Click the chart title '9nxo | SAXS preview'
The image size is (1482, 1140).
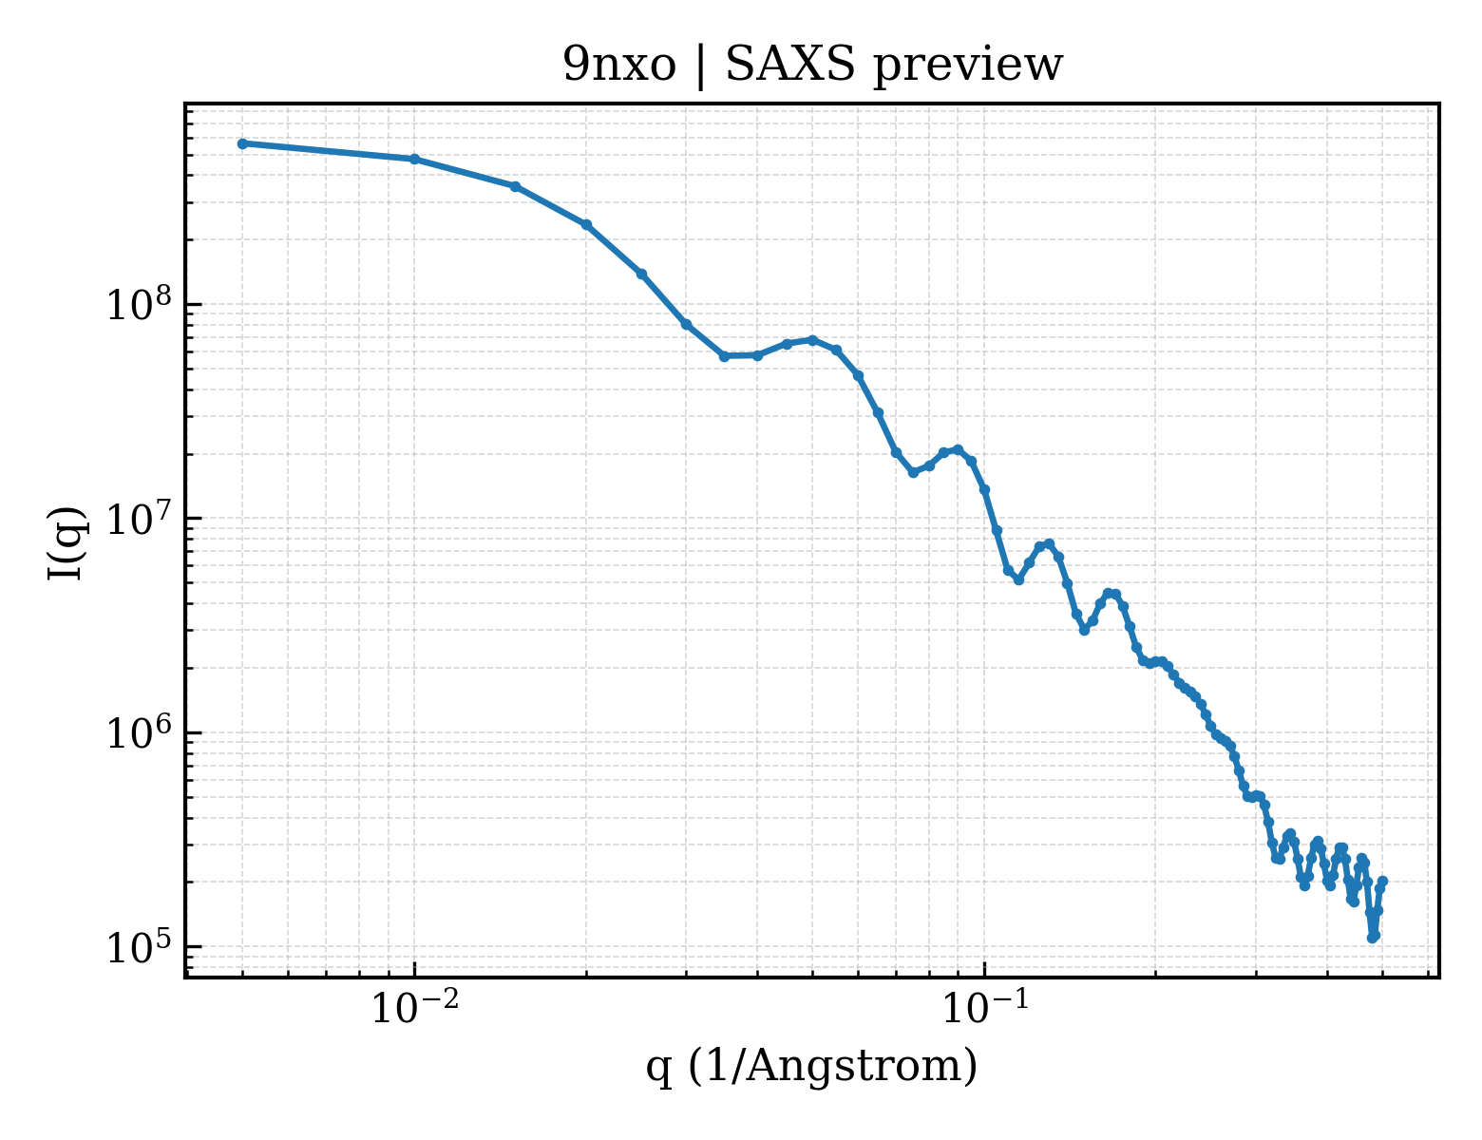coord(812,66)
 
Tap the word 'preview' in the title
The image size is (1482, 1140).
coord(968,67)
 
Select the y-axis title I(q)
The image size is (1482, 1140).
coord(66,542)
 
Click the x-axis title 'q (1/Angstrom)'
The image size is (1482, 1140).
coord(811,1066)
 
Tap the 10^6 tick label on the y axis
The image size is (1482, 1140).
coord(139,733)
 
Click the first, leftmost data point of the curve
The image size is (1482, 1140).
coord(242,143)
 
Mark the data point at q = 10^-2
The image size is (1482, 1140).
coord(414,159)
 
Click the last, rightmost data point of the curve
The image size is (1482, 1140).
coord(1382,882)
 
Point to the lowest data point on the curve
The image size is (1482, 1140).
coord(1373,939)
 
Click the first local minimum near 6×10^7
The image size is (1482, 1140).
coord(724,356)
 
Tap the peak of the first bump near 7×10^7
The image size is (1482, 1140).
coord(812,339)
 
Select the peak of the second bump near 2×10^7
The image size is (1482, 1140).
coord(959,449)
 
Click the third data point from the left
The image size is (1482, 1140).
coord(516,186)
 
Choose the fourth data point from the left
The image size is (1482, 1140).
coord(586,224)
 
